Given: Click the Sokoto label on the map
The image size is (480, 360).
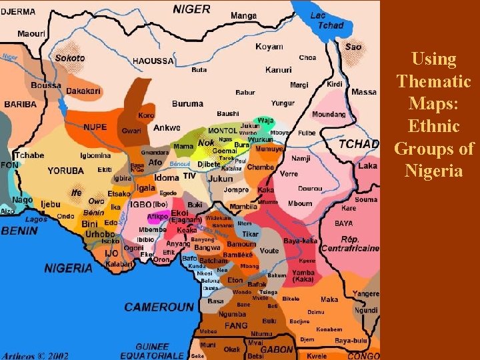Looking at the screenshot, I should coord(70,58).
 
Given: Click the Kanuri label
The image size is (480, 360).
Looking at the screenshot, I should coord(278,69).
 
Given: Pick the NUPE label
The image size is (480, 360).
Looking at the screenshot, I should coord(95,127).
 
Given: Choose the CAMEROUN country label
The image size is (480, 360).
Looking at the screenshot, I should coord(159,307).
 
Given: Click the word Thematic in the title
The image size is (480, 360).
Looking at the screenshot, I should coord(433,81).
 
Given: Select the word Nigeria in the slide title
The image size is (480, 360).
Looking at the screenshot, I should coord(433,171).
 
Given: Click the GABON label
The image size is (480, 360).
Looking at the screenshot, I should coord(277,349).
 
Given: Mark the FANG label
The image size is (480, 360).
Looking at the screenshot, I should coord(235,326).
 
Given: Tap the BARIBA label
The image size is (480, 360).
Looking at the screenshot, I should coord(20,104).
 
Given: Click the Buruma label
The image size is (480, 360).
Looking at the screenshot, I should coord(187,103).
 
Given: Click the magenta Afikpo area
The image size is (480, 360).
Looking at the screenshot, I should coord(158,217).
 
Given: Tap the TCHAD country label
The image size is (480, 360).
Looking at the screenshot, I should coord(359,145).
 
